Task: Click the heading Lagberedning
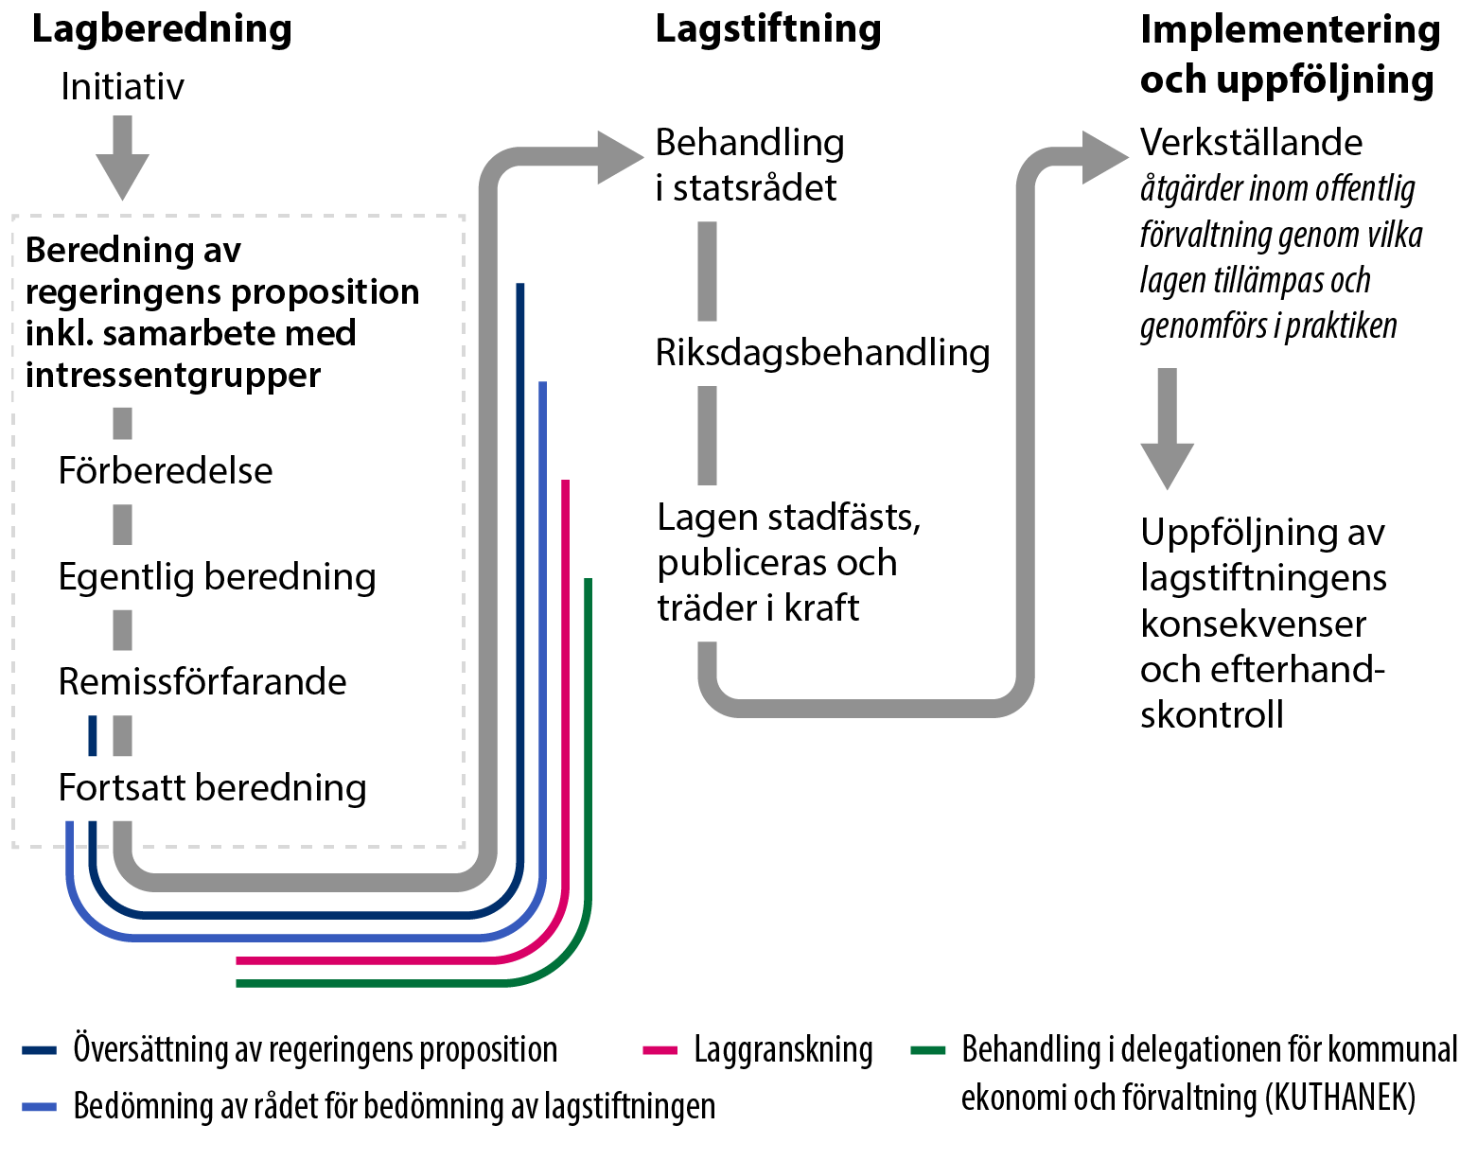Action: pyautogui.click(x=162, y=28)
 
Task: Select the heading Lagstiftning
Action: pyautogui.click(x=767, y=28)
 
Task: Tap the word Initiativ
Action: pyautogui.click(x=122, y=87)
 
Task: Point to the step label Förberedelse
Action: pyautogui.click(x=166, y=470)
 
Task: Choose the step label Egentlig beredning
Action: pyautogui.click(x=217, y=576)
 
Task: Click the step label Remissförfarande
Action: pyautogui.click(x=202, y=681)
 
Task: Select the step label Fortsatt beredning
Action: pyautogui.click(x=212, y=787)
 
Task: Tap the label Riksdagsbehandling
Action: pyautogui.click(x=822, y=352)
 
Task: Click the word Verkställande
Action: pyautogui.click(x=1251, y=142)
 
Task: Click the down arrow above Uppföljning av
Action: pyautogui.click(x=1168, y=464)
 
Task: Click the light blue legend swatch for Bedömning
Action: pyautogui.click(x=40, y=1106)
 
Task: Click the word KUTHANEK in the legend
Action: pyautogui.click(x=1341, y=1098)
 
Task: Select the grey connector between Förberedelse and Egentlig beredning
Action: pyautogui.click(x=122, y=524)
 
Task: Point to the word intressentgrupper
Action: pyautogui.click(x=173, y=375)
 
